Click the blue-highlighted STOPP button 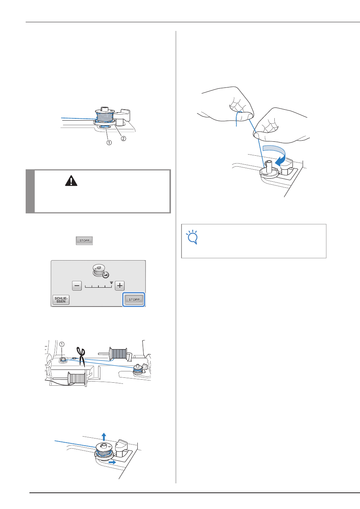point(134,299)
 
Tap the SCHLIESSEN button point(61,300)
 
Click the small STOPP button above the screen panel point(85,241)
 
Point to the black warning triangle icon point(71,181)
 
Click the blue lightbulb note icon point(192,237)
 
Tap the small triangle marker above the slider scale point(111,283)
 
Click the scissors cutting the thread point(81,357)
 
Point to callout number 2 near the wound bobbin point(123,138)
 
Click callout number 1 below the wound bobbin point(109,143)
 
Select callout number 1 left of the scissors point(62,345)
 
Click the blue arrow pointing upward point(104,437)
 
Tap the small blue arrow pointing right point(112,462)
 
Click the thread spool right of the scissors point(118,353)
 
